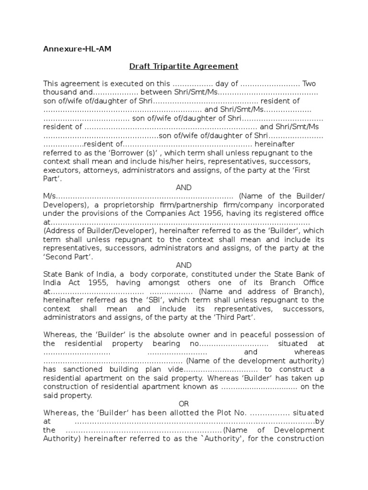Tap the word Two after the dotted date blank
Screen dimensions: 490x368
pyautogui.click(x=309, y=84)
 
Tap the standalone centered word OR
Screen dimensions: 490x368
pyautogui.click(x=184, y=404)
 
